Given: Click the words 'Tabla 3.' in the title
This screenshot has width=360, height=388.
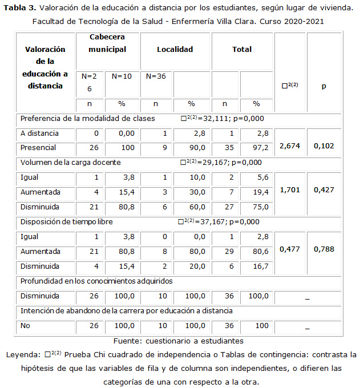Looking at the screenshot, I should (x=21, y=7).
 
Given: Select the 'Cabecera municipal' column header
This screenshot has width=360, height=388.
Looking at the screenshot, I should (x=107, y=43).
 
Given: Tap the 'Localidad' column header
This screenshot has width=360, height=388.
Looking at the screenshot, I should (x=175, y=50).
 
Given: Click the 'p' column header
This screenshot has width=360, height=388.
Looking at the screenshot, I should (x=323, y=86).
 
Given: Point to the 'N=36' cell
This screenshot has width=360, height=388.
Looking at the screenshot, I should (x=156, y=76).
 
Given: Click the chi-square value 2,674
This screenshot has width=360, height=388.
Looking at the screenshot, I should (x=290, y=147).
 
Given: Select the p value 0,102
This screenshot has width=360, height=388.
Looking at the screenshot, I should (x=324, y=147).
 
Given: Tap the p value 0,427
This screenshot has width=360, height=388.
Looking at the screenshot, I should (x=324, y=189).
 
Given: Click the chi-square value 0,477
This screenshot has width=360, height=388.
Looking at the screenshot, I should (x=290, y=249).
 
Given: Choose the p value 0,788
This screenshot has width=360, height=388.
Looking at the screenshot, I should (x=324, y=249).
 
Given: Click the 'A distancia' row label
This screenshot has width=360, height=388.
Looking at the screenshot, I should (x=39, y=134).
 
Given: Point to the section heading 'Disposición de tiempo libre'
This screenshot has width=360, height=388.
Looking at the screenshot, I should (x=66, y=221).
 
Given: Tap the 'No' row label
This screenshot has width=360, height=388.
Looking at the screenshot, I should (x=26, y=325).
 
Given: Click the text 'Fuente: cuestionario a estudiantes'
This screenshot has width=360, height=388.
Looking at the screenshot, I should (x=179, y=341).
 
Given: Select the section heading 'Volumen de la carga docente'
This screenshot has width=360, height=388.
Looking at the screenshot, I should (x=70, y=162).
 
